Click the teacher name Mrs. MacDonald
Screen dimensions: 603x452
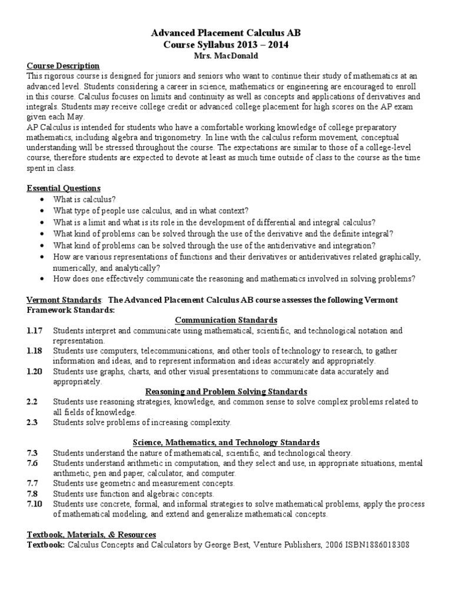[227, 55]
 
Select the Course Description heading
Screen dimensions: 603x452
[64, 65]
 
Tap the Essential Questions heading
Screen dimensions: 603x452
[64, 188]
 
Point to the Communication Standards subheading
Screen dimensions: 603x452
[227, 320]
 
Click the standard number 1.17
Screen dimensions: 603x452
[34, 331]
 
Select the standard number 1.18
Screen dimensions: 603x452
[34, 351]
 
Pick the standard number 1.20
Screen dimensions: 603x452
[34, 372]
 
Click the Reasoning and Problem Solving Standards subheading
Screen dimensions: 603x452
[227, 392]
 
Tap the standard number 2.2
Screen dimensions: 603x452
[32, 402]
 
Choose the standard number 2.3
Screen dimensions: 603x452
[32, 422]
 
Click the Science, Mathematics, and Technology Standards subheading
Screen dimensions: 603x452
[227, 442]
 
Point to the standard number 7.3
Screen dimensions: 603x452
[32, 453]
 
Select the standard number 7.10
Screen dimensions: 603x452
[34, 504]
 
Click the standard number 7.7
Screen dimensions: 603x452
[32, 483]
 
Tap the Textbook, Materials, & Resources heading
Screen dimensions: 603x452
[91, 534]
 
